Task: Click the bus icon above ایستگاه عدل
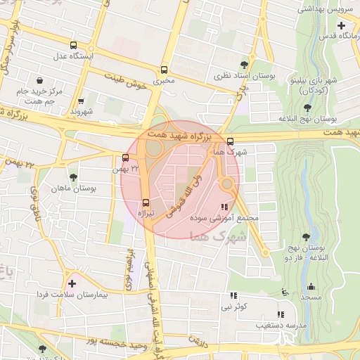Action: click(74, 46)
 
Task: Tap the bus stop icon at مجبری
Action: click(164, 70)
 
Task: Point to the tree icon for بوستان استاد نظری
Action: click(245, 64)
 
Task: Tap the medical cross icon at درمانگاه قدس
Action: click(341, 25)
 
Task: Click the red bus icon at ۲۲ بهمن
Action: click(125, 157)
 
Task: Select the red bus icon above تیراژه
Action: click(146, 201)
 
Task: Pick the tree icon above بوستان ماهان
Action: click(74, 176)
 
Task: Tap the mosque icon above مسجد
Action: click(311, 285)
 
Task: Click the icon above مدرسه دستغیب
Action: click(280, 314)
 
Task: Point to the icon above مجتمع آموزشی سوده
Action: click(224, 207)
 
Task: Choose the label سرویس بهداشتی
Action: click(320, 8)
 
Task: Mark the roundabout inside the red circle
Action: click(226, 184)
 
